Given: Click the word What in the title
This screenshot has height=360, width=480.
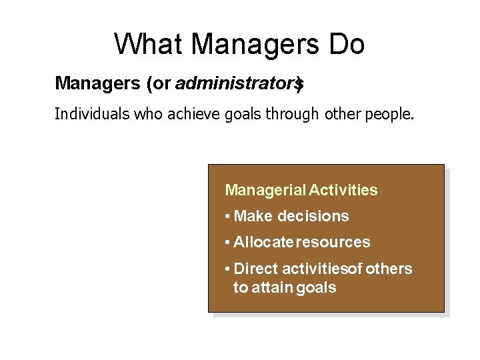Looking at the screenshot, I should click(148, 45).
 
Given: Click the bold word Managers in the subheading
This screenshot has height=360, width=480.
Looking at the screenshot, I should click(95, 83).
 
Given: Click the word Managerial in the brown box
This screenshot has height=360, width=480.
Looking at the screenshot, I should click(265, 191).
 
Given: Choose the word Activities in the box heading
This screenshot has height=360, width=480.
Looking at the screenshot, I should click(343, 191).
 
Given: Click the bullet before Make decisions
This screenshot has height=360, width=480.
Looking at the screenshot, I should click(228, 217).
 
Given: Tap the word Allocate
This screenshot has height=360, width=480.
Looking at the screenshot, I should click(263, 242).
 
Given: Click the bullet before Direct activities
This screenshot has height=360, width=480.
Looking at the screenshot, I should click(228, 269).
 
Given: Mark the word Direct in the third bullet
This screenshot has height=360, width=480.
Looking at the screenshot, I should click(256, 269).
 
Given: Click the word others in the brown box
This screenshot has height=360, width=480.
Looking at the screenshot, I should click(389, 269).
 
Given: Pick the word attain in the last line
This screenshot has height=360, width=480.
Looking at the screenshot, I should click(273, 288).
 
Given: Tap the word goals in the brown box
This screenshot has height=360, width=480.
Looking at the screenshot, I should click(316, 289).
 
